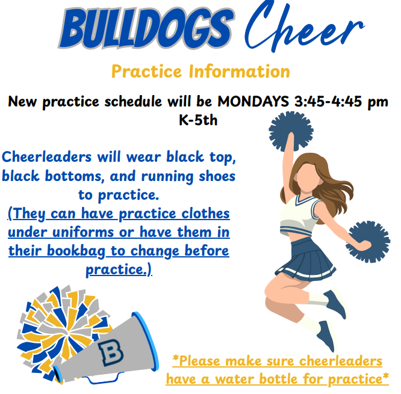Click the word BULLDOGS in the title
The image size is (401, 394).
tap(146, 28)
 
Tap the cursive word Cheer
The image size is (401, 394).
tap(304, 27)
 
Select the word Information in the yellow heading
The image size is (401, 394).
tap(240, 72)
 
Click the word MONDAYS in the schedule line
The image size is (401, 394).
tap(253, 101)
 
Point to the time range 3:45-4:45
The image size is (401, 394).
tap(328, 101)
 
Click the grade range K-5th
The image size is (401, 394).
tap(198, 120)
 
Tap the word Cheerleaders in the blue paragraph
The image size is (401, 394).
tap(46, 156)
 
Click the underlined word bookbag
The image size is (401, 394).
tap(76, 251)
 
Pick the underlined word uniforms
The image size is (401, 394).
tap(83, 232)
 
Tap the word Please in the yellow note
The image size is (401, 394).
tap(196, 361)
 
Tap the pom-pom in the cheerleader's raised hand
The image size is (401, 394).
tap(291, 131)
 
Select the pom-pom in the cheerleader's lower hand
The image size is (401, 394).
tap(368, 241)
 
